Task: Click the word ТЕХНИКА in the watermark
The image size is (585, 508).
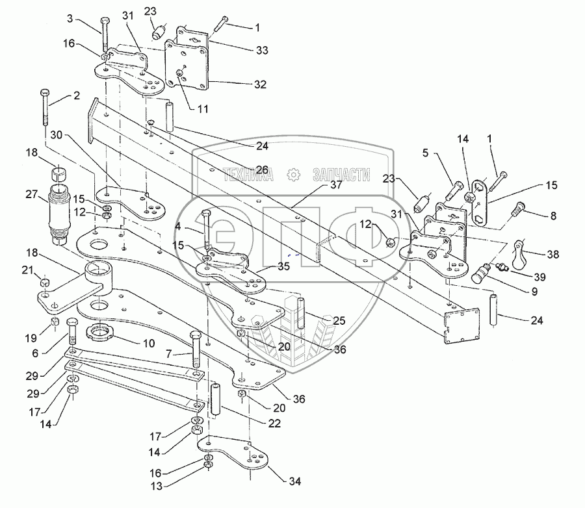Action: pos(248,174)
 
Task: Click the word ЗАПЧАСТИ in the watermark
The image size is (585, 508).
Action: pos(341,174)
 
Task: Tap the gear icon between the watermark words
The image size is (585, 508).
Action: pos(293,174)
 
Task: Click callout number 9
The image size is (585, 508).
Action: pos(533,292)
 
